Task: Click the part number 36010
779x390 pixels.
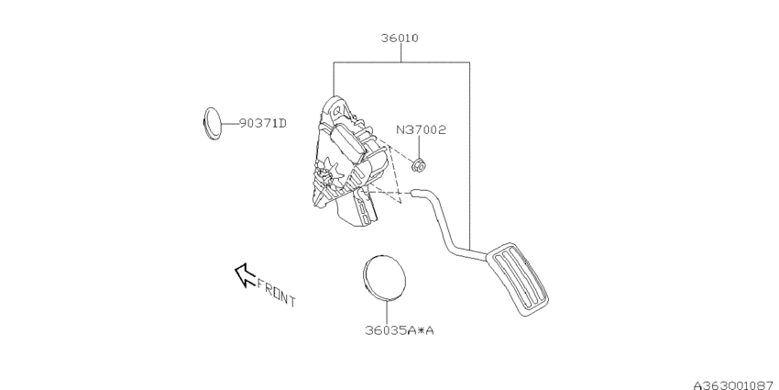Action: point(400,39)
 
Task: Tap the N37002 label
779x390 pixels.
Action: point(421,130)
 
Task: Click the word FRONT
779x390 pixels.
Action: point(276,291)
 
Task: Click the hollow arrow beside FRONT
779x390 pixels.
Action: point(244,273)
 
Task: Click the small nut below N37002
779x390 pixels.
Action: point(419,165)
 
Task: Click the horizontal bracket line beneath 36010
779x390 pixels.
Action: point(400,62)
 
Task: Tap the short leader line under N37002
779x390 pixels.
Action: point(419,148)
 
